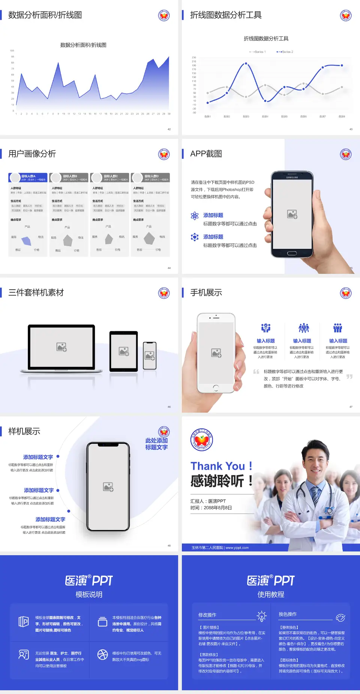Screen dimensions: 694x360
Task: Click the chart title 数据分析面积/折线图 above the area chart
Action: (83, 45)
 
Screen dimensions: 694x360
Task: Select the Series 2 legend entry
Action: (285, 52)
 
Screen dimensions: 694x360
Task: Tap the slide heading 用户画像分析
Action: (32, 154)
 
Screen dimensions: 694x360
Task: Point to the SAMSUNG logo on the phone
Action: (292, 177)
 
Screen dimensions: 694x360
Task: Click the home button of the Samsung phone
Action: (292, 253)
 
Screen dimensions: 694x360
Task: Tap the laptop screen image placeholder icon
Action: (61, 347)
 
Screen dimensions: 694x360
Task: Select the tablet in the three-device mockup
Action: (124, 351)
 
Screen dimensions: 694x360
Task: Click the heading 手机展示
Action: (206, 293)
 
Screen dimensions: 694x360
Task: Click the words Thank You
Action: (218, 466)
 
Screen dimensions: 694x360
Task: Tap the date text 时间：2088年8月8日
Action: (211, 508)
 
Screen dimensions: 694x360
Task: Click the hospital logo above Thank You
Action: (202, 440)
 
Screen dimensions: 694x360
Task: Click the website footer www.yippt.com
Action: (237, 548)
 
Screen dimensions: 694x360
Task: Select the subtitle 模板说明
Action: (89, 595)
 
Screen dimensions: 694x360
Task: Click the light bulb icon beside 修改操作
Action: (261, 616)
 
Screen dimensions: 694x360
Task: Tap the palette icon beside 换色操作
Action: (340, 618)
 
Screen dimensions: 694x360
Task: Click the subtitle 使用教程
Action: (271, 595)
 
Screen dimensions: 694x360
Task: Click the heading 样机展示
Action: (24, 431)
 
